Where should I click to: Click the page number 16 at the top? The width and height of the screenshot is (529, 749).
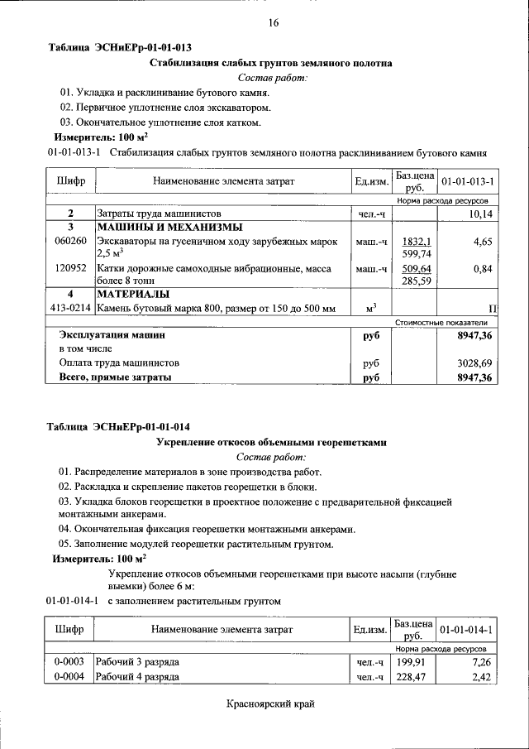(274, 23)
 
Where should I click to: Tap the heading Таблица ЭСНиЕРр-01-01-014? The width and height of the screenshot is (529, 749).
(119, 427)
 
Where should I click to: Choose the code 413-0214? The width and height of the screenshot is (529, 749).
(69, 309)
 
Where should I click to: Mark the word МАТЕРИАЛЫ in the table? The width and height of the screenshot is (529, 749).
(133, 294)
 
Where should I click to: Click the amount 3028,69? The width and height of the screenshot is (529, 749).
(474, 362)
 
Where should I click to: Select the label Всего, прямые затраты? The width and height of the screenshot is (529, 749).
(115, 377)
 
